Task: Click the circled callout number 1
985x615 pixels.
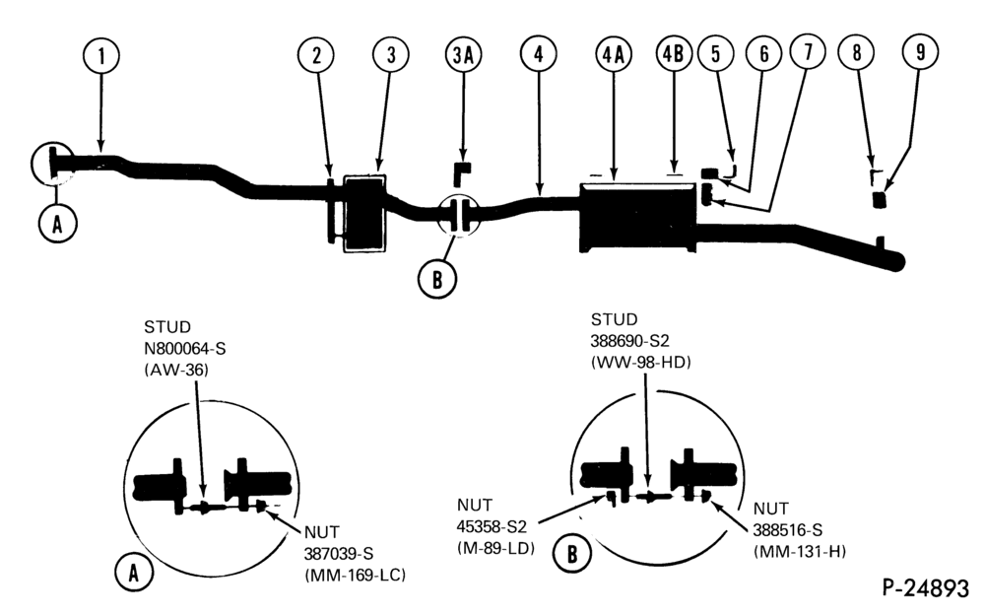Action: (100, 55)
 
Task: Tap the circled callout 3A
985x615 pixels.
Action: (464, 55)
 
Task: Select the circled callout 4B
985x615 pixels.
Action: (674, 54)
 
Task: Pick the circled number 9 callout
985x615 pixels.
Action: (920, 51)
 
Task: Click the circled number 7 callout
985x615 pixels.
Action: (808, 51)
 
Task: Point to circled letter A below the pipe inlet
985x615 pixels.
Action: (58, 223)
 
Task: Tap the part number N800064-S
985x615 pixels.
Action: (184, 348)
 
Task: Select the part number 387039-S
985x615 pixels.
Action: (339, 553)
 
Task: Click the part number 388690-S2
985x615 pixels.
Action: (629, 341)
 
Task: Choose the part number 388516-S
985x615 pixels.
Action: (788, 530)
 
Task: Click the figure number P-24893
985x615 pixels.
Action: (926, 588)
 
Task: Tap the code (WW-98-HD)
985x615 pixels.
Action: (641, 363)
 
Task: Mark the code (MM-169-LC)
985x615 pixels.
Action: (355, 575)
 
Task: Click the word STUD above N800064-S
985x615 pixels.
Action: (167, 327)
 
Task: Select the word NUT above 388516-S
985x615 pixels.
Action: (771, 509)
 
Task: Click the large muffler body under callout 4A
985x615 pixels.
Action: (637, 218)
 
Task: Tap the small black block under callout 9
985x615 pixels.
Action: (880, 200)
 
